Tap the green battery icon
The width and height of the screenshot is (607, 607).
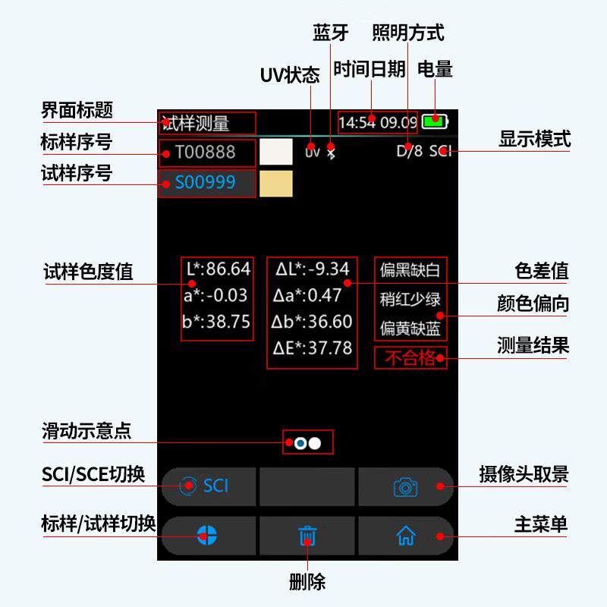pos(436,121)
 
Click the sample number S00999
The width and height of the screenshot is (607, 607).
pos(205,183)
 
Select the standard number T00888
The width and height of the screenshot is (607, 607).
pos(205,153)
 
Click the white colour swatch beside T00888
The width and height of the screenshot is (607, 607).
pos(275,151)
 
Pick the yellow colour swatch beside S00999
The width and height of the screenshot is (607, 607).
pos(275,183)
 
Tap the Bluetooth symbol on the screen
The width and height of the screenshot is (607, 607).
pos(330,151)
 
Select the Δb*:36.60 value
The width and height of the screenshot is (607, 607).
pos(312,322)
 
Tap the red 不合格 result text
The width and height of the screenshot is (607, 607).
pos(410,357)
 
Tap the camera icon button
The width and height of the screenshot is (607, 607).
pos(406,486)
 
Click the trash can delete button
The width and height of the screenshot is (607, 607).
pos(307,536)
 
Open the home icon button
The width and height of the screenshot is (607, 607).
pos(406,536)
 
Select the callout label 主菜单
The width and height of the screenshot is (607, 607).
pos(541,525)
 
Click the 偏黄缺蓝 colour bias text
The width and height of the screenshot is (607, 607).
pos(410,329)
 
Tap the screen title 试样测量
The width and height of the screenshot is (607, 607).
pos(196,123)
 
